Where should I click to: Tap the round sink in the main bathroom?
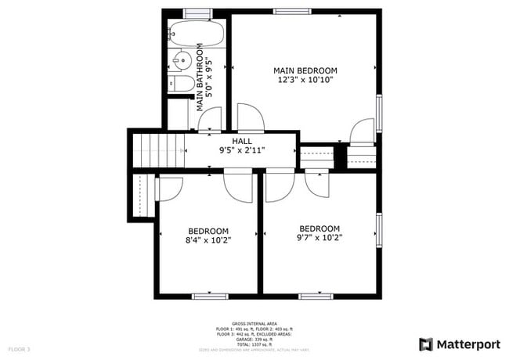(182, 59)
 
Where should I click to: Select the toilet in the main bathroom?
(179, 84)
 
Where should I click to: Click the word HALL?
(241, 140)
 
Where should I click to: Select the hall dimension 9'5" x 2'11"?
(241, 149)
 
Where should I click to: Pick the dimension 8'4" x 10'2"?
(208, 240)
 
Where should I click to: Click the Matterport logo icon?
(426, 344)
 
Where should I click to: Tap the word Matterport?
(467, 344)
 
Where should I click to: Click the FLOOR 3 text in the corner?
(19, 348)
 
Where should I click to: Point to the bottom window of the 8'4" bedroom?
(208, 295)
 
